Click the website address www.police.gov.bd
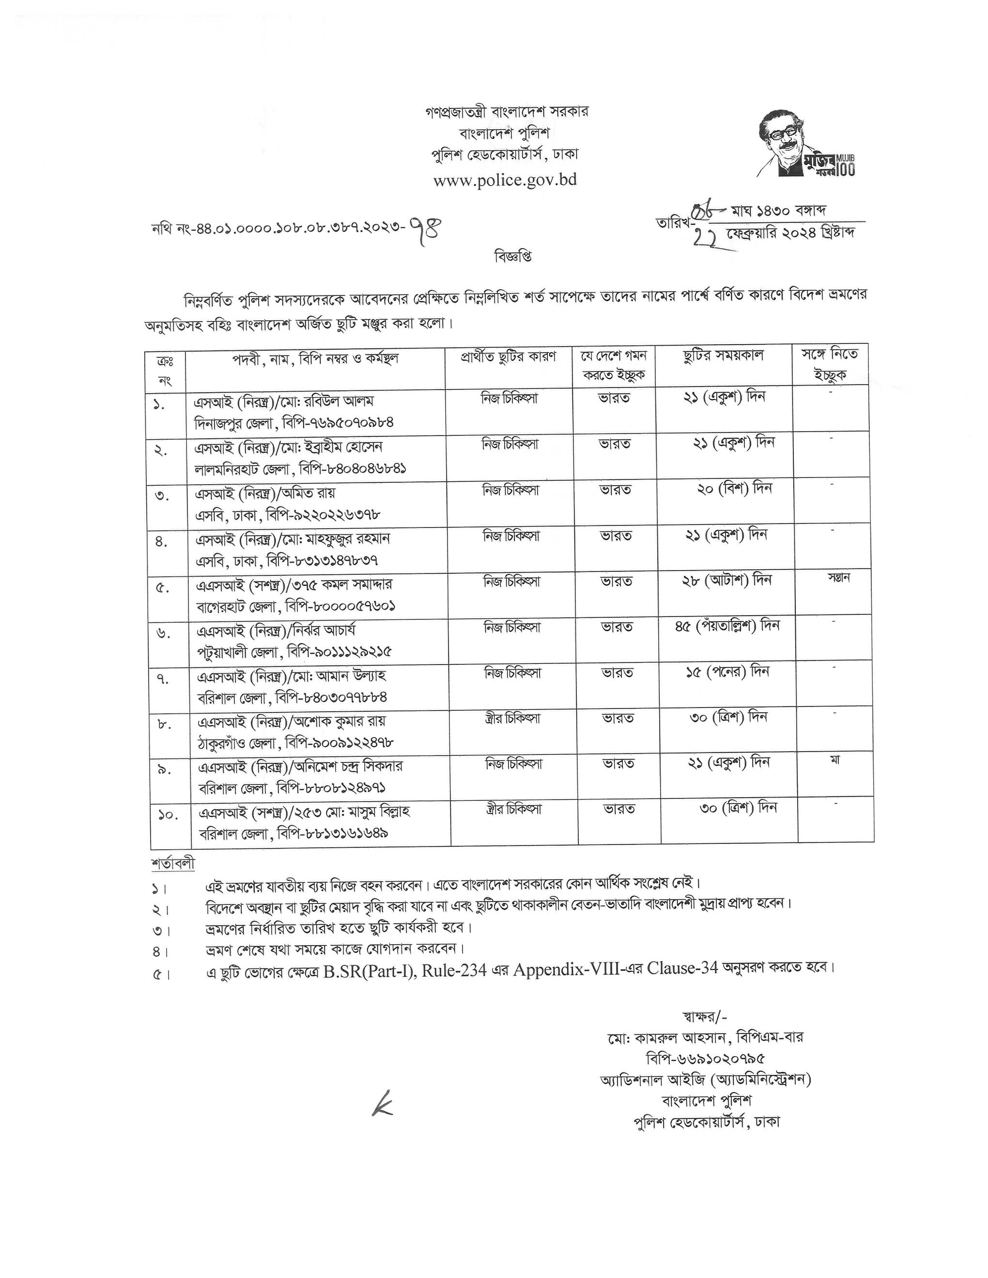[x=505, y=179]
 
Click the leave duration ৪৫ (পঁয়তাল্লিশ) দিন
[x=727, y=625]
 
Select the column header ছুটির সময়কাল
[x=724, y=356]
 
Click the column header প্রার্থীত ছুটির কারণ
[x=508, y=356]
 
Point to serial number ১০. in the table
[x=168, y=814]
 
